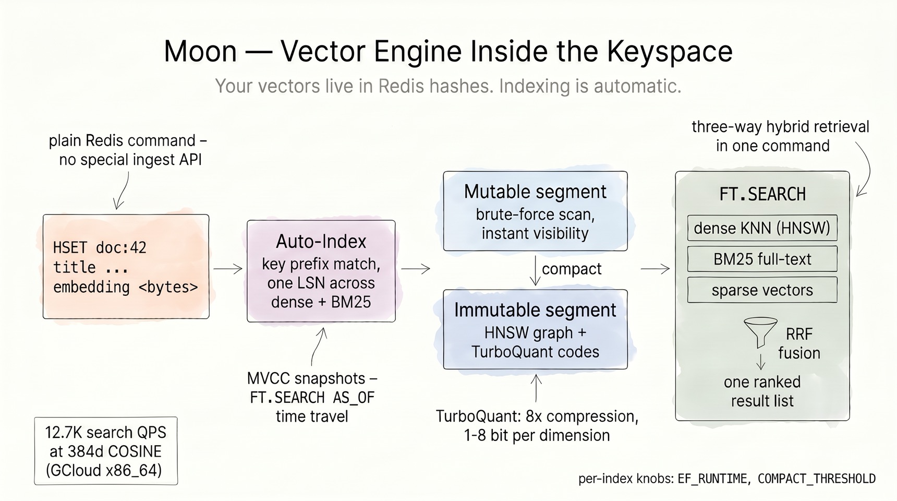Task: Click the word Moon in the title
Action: [x=200, y=51]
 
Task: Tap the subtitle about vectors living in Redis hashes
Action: [x=448, y=86]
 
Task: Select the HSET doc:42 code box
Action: [x=126, y=266]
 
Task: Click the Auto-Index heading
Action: [x=321, y=241]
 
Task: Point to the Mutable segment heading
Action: [x=535, y=192]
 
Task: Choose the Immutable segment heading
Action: [x=535, y=310]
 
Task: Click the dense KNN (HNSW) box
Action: [x=762, y=228]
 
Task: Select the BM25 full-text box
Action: [x=762, y=259]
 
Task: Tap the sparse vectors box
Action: [x=762, y=290]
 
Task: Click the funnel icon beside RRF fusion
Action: [x=760, y=331]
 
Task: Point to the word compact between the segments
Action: [x=572, y=269]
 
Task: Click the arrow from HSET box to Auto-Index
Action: [x=228, y=269]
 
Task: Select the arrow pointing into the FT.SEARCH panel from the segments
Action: [x=655, y=269]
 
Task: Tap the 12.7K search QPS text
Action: [x=106, y=433]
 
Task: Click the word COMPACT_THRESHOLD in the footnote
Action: [x=816, y=479]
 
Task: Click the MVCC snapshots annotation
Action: [x=312, y=397]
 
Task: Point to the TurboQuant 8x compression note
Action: [x=537, y=425]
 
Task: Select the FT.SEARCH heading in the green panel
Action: [x=762, y=194]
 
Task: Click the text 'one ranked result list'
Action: [x=762, y=391]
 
